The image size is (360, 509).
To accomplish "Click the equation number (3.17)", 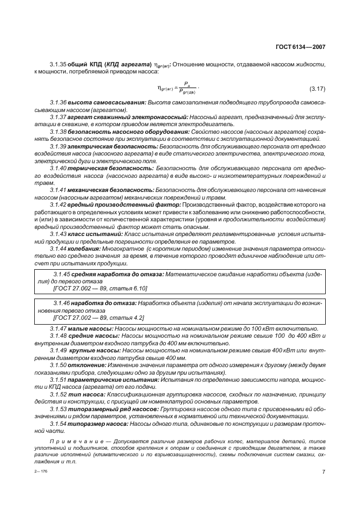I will click(316, 88).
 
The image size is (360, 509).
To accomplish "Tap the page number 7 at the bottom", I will click(324, 471).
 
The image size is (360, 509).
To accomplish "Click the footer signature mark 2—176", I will click(41, 471).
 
